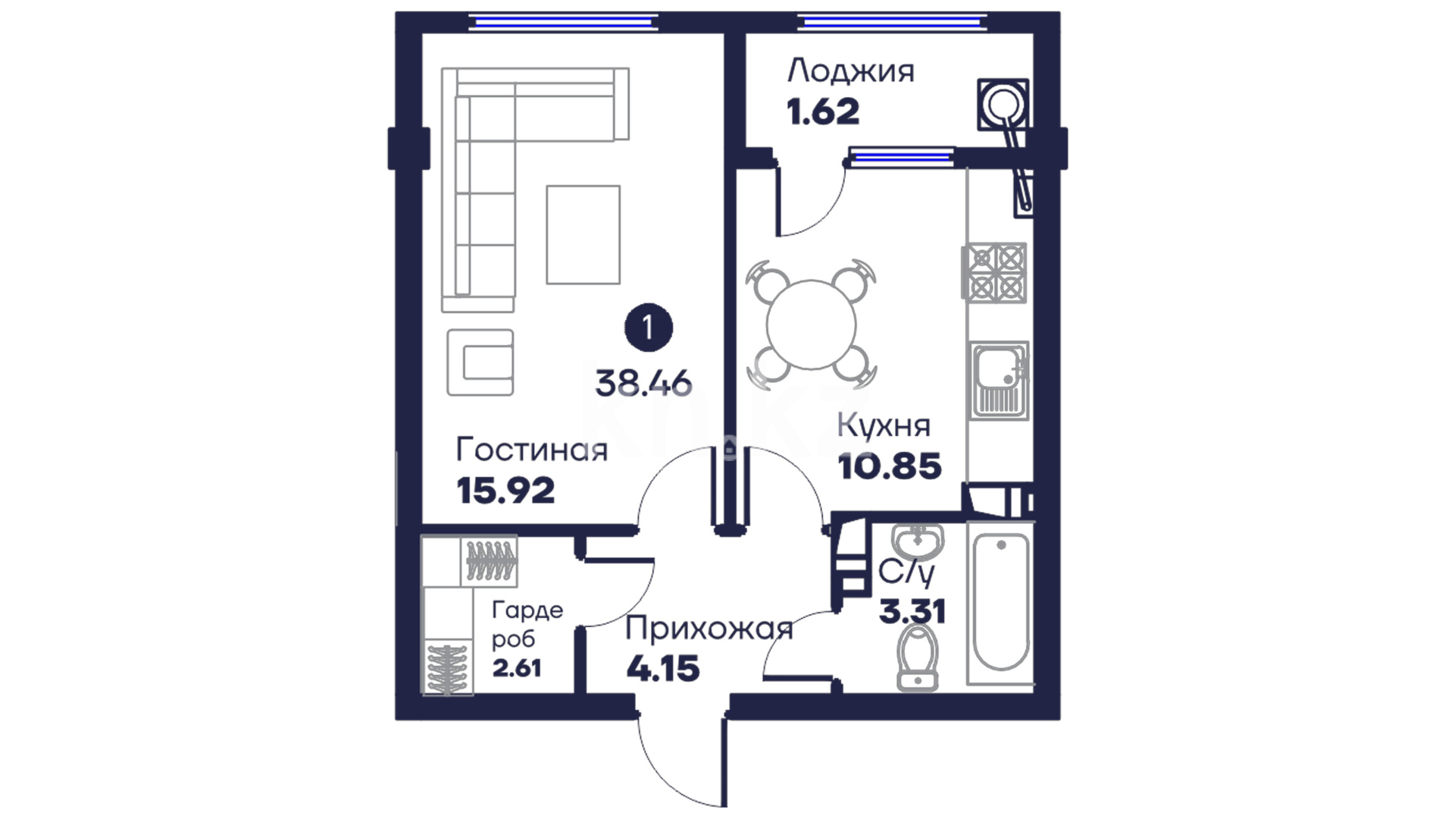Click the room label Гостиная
pyautogui.click(x=531, y=450)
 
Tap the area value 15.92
pyautogui.click(x=505, y=491)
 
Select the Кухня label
pyautogui.click(x=884, y=426)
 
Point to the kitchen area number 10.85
pyautogui.click(x=890, y=466)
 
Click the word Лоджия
pyautogui.click(x=850, y=71)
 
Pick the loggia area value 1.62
pyautogui.click(x=823, y=112)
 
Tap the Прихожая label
pyautogui.click(x=709, y=629)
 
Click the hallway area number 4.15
pyautogui.click(x=663, y=669)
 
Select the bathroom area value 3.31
pyautogui.click(x=912, y=610)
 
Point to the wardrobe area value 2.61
pyautogui.click(x=517, y=668)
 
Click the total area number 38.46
pyautogui.click(x=643, y=384)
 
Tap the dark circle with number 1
pyautogui.click(x=648, y=328)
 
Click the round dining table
pyautogui.click(x=811, y=325)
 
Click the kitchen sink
pyautogui.click(x=1000, y=379)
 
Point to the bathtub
pyautogui.click(x=1000, y=603)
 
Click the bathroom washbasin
pyautogui.click(x=918, y=540)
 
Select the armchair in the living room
pyautogui.click(x=480, y=362)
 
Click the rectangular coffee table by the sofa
pyautogui.click(x=583, y=235)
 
